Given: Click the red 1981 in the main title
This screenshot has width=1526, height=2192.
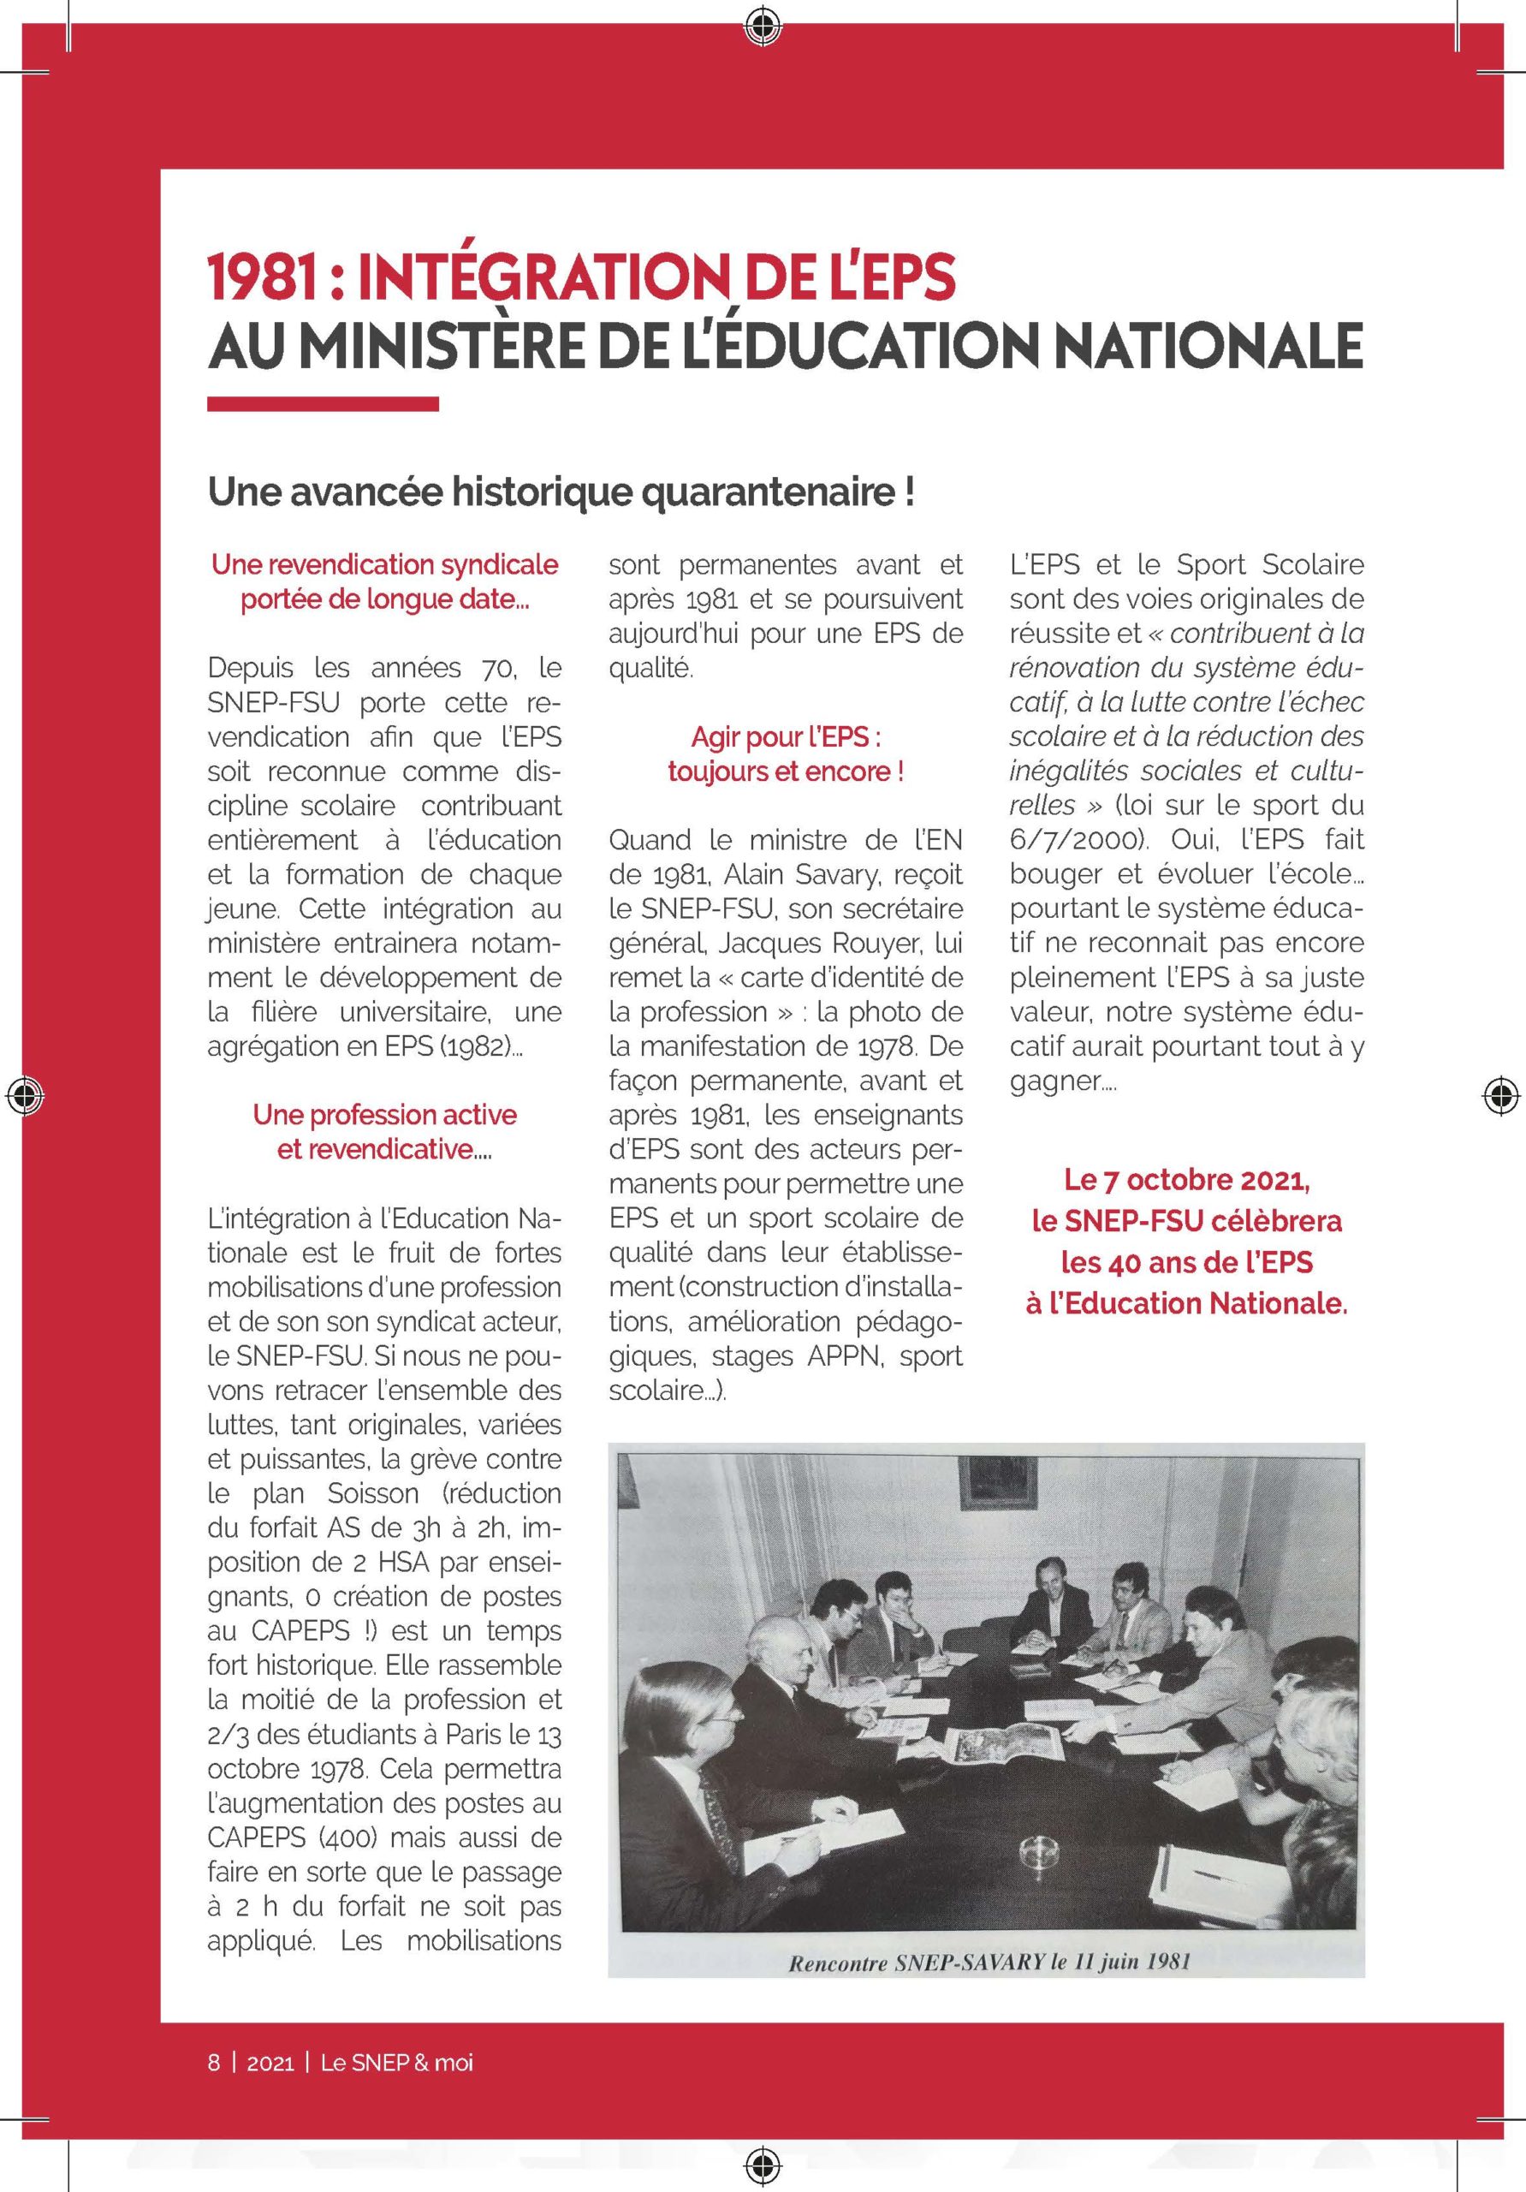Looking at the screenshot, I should coord(263,277).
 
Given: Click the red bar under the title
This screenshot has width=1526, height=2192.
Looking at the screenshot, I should coord(323,405).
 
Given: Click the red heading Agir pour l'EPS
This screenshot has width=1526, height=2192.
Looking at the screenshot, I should coord(786,737).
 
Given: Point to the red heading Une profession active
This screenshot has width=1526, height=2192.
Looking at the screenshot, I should coord(384,1114).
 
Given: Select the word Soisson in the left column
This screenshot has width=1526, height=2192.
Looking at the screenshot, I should coord(373,1493).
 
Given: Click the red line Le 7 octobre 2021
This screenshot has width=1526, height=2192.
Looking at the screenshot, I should coord(1187,1180).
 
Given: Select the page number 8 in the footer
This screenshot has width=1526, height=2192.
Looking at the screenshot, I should coord(214,2062).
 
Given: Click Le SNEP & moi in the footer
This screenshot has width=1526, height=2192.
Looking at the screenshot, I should coord(396,2062).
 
